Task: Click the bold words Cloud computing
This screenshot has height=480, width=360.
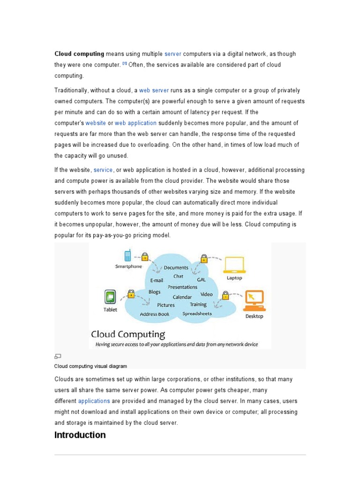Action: [x=79, y=54]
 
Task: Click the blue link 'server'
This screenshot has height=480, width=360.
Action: [x=172, y=54]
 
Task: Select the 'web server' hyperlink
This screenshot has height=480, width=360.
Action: [x=154, y=90]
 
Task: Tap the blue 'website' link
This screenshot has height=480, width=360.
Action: [x=96, y=123]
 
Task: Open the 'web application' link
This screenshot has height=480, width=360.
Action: [x=135, y=123]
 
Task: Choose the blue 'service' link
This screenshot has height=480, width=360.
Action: [x=103, y=170]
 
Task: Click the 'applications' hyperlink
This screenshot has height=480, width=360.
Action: [x=94, y=401]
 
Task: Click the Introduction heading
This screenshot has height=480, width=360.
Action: [x=80, y=435]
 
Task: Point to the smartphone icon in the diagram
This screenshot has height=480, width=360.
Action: [x=127, y=255]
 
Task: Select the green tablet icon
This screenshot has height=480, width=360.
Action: [x=110, y=297]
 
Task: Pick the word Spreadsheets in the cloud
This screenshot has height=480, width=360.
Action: [x=197, y=314]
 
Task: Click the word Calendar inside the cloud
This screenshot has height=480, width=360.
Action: [x=182, y=297]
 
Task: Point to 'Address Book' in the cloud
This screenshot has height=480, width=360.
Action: [x=154, y=314]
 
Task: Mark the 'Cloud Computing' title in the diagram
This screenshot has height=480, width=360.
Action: [x=128, y=334]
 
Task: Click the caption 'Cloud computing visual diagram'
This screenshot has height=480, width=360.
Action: [x=90, y=366]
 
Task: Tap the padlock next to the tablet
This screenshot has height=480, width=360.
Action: [x=131, y=293]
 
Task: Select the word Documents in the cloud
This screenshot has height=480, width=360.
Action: [x=176, y=268]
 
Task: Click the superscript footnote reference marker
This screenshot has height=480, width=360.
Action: [x=125, y=63]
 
